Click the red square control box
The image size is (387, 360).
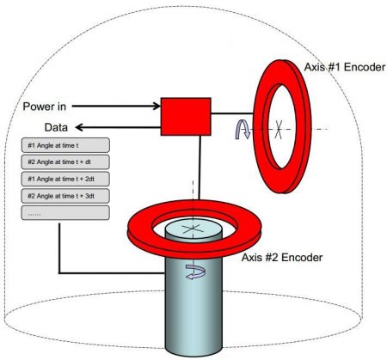186,117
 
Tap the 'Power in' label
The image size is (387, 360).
45,107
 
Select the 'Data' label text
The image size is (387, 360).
56,127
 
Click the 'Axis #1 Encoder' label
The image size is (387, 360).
345,67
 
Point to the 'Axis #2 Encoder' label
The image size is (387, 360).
282,257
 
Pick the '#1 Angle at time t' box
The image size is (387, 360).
65,145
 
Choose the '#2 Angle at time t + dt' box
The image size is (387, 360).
65,162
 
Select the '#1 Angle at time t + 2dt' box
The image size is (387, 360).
65,179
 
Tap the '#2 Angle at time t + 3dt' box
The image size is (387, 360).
65,196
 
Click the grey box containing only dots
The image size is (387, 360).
65,213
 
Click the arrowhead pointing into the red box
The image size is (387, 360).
157,107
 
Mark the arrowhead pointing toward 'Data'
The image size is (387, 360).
79,127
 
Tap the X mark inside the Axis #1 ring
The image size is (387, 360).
279,130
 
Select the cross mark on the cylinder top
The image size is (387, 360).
193,229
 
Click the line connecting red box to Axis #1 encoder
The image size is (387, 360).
232,113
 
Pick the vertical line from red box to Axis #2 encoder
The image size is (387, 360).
200,168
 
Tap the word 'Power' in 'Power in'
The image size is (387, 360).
39,107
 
